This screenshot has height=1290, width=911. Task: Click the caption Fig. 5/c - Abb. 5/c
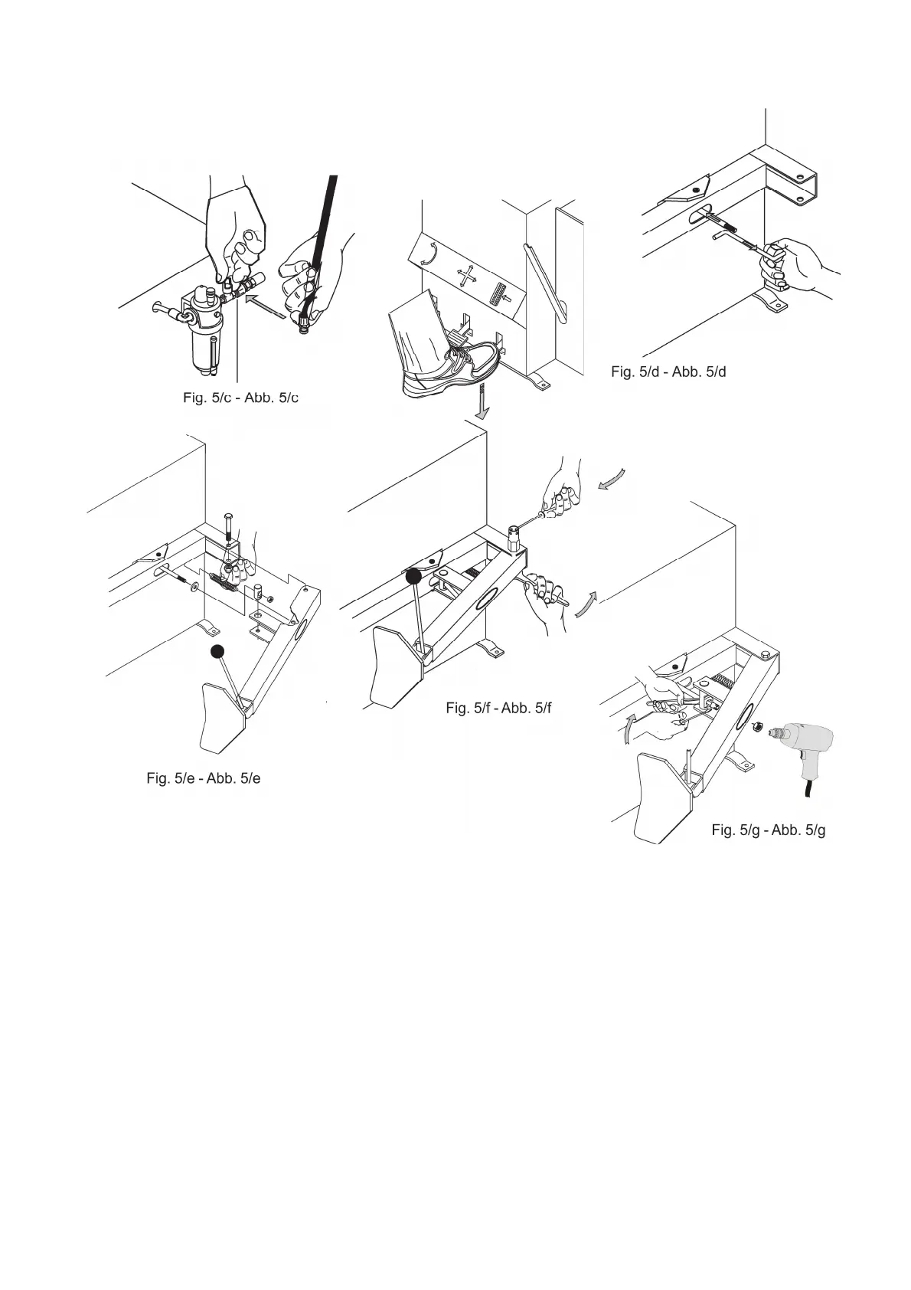tap(240, 398)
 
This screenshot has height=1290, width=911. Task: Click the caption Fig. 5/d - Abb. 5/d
tap(668, 372)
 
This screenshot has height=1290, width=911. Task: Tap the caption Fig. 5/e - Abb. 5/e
tap(204, 778)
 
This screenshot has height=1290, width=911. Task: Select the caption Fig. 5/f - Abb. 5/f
tap(498, 708)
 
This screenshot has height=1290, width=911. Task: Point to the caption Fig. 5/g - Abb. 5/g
tap(768, 830)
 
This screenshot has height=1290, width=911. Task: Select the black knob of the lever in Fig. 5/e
tap(218, 651)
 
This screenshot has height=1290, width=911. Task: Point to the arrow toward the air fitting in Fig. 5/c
tap(266, 307)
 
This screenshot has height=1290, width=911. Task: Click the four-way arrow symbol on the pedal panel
tap(466, 276)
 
